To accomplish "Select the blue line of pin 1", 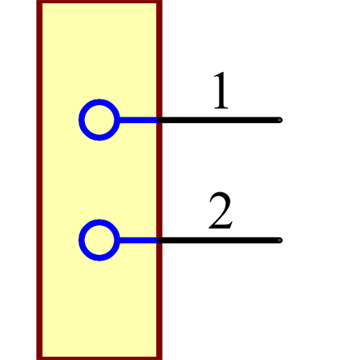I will [x=137, y=120].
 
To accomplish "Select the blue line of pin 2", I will [x=137, y=240].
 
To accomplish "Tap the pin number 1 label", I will [x=220, y=91].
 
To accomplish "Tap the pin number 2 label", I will [x=220, y=211].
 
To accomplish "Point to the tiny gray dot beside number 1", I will [x=279, y=120].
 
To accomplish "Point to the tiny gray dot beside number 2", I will [x=279, y=240].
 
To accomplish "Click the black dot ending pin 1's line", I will [x=161, y=120].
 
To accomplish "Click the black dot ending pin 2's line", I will [x=161, y=240].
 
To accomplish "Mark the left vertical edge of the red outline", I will [x=39, y=180].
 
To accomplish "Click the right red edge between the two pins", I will [x=159, y=180].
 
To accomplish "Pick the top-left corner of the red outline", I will [x=39, y=2].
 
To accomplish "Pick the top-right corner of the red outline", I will [x=159, y=2].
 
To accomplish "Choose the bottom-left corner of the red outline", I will [x=39, y=357].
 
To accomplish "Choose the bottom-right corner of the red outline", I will [x=159, y=357].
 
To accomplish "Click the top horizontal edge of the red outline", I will [x=99, y=1].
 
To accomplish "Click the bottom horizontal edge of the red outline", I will [x=99, y=358].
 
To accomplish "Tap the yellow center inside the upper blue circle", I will [x=99, y=120].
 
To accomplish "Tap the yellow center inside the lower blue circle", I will [x=99, y=240].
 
